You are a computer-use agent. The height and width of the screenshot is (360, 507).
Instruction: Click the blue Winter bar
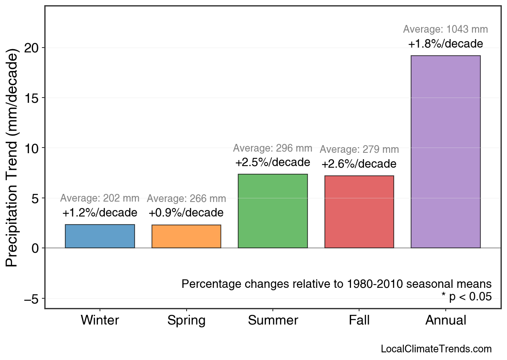[100, 236]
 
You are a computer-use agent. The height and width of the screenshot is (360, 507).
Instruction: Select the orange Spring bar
[186, 236]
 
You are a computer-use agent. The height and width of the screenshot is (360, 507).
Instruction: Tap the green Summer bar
[273, 211]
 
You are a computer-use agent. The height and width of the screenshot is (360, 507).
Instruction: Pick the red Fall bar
[359, 212]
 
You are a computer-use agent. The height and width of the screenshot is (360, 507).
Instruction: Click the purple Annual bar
[445, 152]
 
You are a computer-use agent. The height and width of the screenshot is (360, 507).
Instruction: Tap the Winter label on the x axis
[100, 320]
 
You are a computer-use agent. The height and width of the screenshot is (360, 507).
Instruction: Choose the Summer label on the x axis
[273, 320]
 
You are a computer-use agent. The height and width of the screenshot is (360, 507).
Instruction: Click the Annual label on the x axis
[445, 320]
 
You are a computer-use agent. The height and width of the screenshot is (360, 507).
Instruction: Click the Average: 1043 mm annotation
[445, 29]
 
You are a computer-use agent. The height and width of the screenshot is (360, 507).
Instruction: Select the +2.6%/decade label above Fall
[359, 164]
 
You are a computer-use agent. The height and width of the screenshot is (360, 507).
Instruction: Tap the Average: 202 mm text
[100, 198]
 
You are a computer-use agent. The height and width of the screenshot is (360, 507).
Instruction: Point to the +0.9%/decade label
[186, 212]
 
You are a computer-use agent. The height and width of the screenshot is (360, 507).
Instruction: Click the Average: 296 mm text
[273, 148]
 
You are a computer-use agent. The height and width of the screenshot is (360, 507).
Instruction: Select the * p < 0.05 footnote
[466, 297]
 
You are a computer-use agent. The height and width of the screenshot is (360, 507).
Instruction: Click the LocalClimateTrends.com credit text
[436, 349]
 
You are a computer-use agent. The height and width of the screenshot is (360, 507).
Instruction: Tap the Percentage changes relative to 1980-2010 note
[337, 284]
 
